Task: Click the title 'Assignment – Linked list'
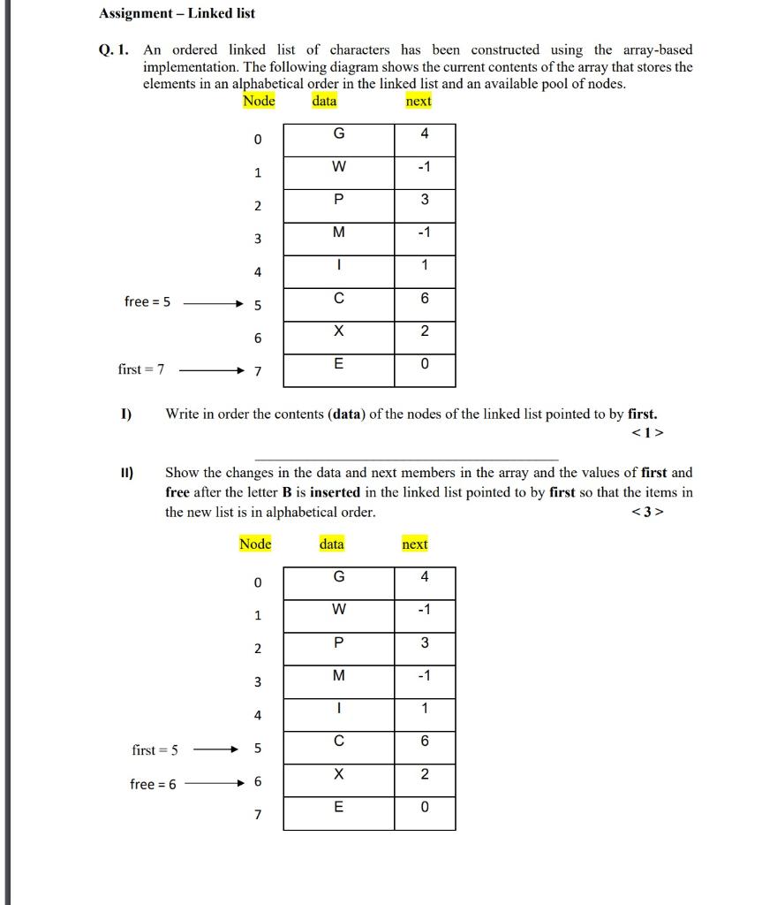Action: coord(177,13)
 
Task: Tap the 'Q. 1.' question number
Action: coord(115,50)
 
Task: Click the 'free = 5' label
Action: coord(148,302)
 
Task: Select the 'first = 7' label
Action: coord(140,369)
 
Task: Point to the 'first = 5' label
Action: coord(155,750)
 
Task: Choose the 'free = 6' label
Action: coord(153,784)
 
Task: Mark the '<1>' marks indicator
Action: coord(647,433)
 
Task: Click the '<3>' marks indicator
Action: coord(647,513)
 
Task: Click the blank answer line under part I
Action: coord(406,460)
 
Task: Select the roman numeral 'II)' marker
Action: coord(126,473)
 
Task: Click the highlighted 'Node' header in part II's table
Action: coord(255,544)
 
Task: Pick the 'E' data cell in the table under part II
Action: coord(339,807)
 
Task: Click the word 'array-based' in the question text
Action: coord(655,50)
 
